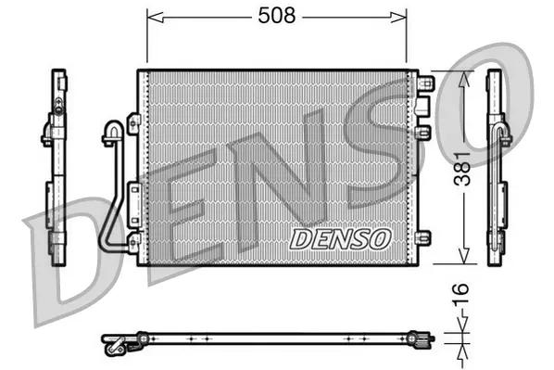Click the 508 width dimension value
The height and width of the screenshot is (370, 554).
(276, 15)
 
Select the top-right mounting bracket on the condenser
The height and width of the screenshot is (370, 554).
(425, 84)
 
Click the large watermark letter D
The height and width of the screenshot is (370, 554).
(93, 250)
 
